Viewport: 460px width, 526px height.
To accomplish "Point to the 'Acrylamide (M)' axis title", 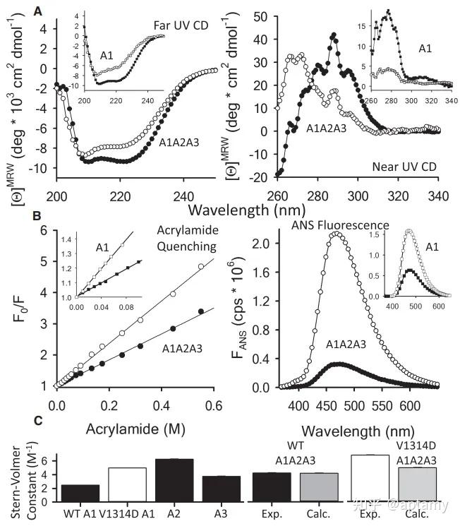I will (135, 429).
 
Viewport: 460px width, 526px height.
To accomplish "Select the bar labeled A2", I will (174, 480).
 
